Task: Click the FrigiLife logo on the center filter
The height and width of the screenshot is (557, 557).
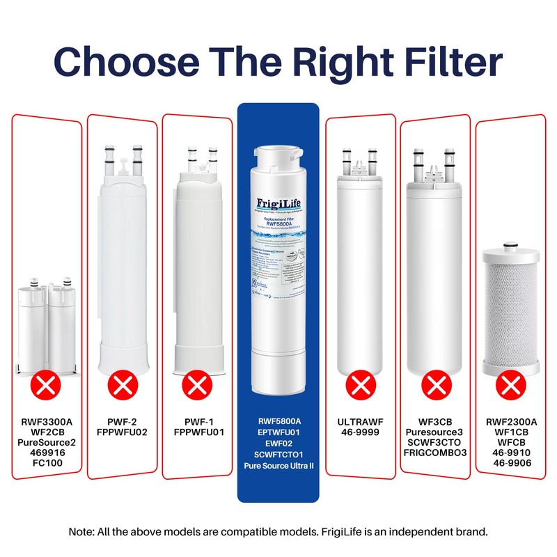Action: (x=278, y=203)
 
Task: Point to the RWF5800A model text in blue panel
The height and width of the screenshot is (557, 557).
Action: (x=278, y=422)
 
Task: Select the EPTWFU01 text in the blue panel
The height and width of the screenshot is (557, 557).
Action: (x=278, y=432)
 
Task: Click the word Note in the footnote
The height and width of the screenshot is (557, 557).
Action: (x=81, y=532)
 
